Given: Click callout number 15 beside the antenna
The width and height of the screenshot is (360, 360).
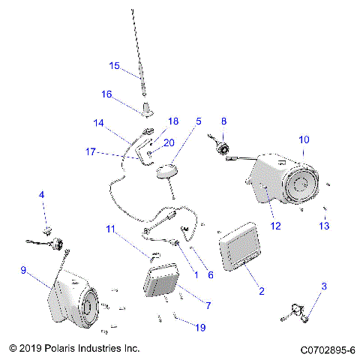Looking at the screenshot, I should click(114, 65).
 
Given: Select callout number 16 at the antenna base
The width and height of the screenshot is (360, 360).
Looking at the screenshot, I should click(106, 94).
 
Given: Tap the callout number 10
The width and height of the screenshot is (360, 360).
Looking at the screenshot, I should click(303, 139).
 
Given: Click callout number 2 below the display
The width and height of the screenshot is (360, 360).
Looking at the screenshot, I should click(261, 291).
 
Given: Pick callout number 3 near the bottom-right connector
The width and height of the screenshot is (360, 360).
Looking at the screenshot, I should click(324, 286).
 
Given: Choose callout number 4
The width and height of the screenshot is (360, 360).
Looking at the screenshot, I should click(43, 196).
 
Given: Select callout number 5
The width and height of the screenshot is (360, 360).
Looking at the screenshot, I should click(199, 121).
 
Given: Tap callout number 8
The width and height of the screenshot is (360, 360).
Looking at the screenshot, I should click(223, 121).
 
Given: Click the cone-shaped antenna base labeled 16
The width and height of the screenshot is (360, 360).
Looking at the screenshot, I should click(145, 108).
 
